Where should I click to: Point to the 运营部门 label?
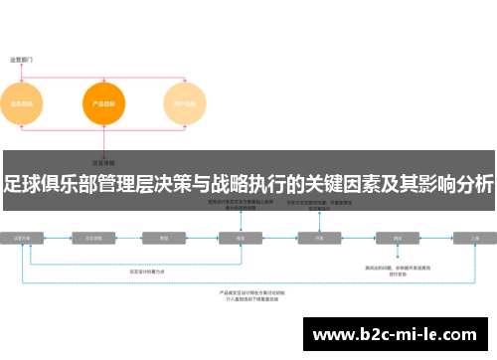pos(22,60)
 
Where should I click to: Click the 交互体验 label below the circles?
pos(103,161)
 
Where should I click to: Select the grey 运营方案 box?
pos(28,239)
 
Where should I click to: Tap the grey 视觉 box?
pos(240,239)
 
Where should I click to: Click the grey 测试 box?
pos(397,239)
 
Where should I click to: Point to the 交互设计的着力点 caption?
pos(150,270)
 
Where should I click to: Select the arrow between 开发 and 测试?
pos(358,239)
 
